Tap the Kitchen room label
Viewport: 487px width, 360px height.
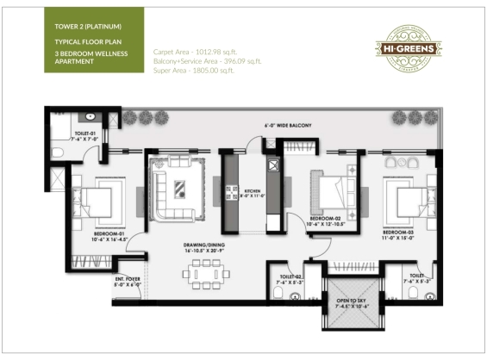[253, 193]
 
